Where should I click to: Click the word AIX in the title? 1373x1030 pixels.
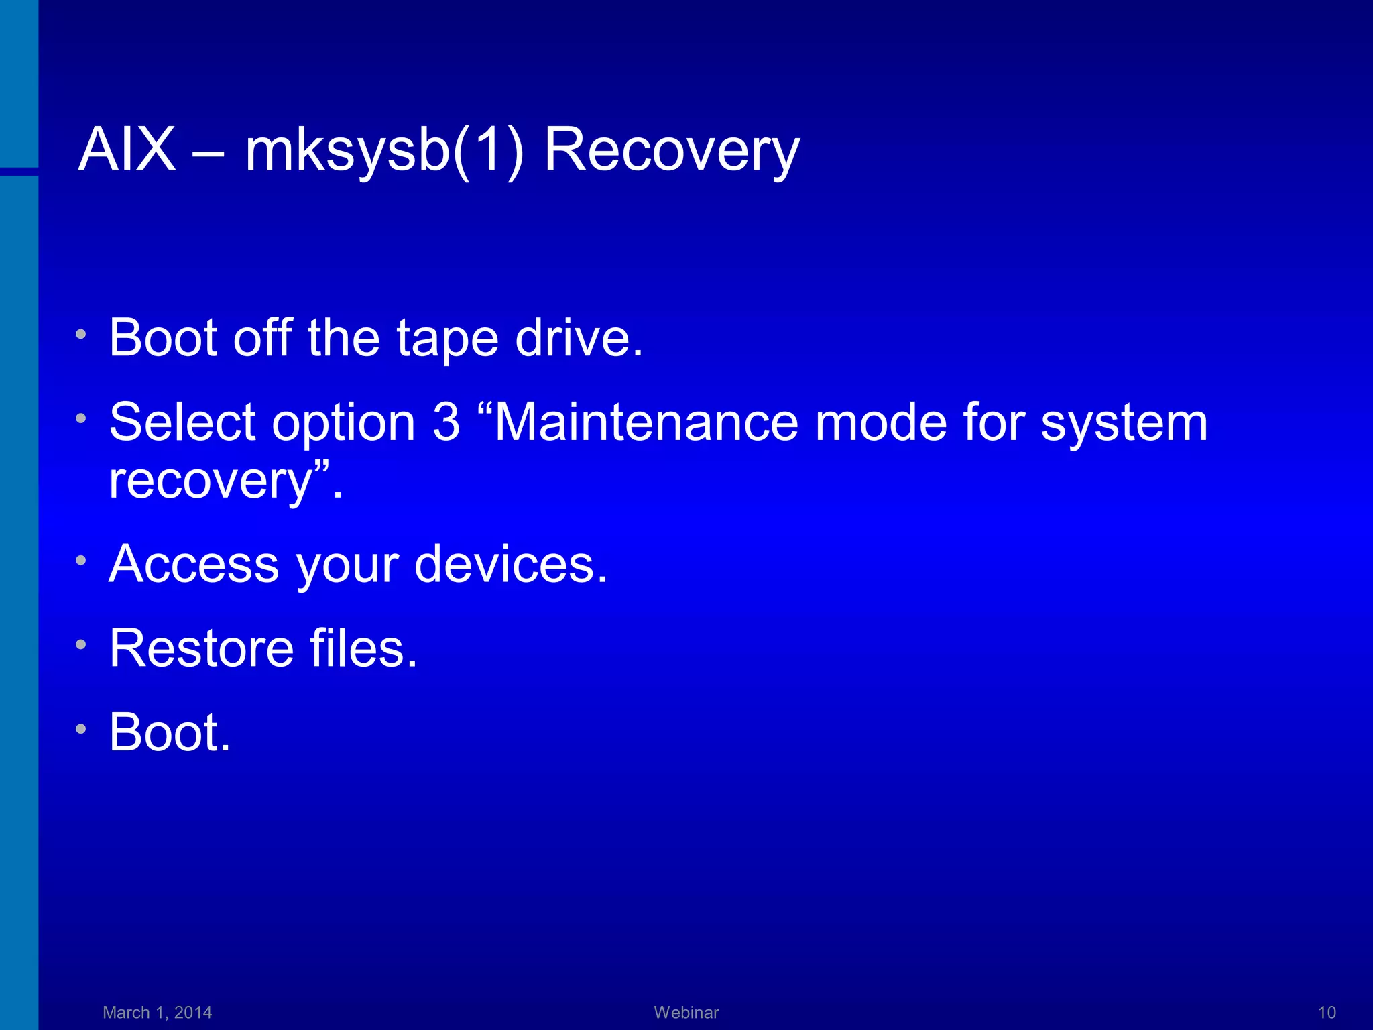tap(127, 150)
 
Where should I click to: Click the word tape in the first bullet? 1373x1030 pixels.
tap(447, 339)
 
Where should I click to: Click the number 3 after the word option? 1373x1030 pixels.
tap(446, 422)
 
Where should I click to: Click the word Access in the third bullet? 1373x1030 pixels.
tap(194, 564)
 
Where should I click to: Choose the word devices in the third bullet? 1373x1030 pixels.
tap(510, 564)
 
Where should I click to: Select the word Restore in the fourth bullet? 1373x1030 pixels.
tap(201, 648)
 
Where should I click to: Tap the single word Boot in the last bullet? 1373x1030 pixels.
tap(169, 732)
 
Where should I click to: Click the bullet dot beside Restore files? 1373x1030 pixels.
tap(81, 645)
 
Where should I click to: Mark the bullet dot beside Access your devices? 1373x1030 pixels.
tap(81, 561)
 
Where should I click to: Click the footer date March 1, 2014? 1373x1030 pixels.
tap(157, 1013)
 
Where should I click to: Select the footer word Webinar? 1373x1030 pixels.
tap(686, 1013)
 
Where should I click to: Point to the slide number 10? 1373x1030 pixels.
tap(1327, 1013)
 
